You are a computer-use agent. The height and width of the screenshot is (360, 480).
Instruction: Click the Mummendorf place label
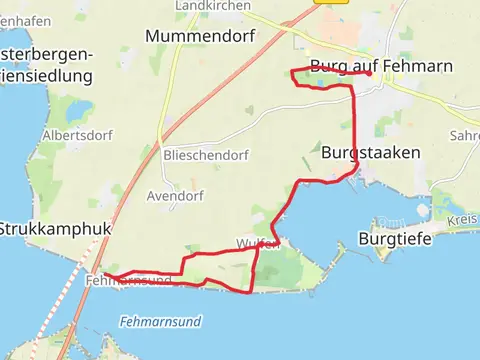(200, 36)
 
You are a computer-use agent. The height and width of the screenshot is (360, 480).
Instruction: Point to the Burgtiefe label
(391, 240)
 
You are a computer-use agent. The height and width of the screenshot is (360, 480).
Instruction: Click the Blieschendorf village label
(205, 155)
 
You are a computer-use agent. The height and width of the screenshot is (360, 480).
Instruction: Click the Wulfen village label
(257, 243)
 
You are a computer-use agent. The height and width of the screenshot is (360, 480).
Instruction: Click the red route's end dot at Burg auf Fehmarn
(369, 73)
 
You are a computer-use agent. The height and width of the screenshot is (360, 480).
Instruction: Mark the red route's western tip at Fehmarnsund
(106, 275)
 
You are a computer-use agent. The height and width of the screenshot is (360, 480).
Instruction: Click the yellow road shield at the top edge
(323, 3)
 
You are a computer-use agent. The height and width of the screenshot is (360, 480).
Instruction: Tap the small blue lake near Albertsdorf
(79, 109)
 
